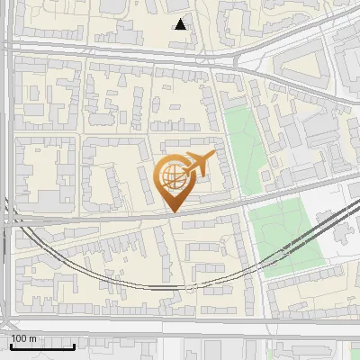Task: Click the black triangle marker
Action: (181, 24)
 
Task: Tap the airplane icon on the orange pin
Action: (197, 164)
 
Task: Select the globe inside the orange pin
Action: (170, 176)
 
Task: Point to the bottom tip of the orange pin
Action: (172, 212)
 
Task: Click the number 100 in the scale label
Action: (20, 338)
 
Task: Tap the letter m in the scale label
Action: (33, 338)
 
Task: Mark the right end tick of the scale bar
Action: (74, 345)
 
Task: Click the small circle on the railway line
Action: (192, 286)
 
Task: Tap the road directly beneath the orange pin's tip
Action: (172, 217)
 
